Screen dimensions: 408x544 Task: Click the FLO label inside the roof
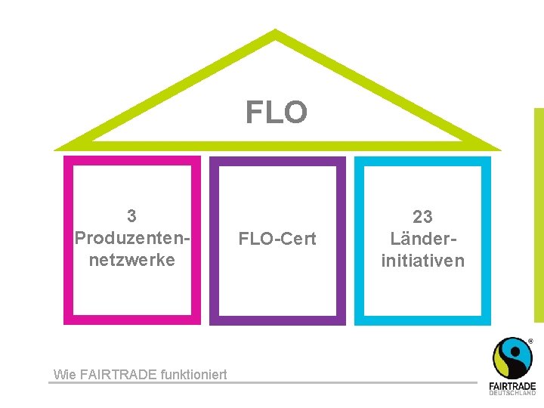tap(277, 113)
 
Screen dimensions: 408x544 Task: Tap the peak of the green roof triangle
tap(276, 33)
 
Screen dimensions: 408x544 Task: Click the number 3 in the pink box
tap(132, 216)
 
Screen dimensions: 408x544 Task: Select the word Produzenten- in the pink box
tap(132, 238)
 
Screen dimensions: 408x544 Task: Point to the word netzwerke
tap(132, 260)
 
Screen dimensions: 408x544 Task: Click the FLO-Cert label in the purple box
tap(277, 240)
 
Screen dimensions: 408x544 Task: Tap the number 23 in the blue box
tap(422, 217)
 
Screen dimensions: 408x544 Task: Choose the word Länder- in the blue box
tap(422, 239)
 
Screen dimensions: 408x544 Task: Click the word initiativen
tap(422, 261)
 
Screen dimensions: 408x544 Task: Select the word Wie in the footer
tap(64, 373)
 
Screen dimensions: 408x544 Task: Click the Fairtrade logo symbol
tap(512, 358)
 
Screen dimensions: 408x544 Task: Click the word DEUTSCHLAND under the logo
tap(512, 393)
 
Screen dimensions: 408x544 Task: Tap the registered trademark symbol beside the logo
tap(530, 342)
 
